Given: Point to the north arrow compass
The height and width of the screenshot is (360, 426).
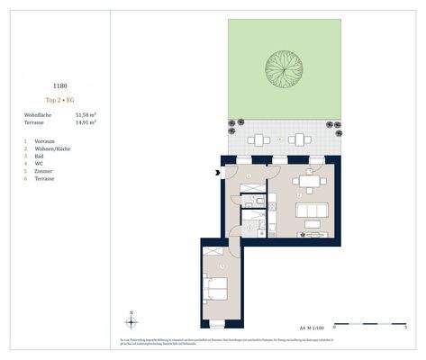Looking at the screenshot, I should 131,320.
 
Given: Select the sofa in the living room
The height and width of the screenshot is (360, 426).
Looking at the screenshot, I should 312,214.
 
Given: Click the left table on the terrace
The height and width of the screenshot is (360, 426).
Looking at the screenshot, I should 258,140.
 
